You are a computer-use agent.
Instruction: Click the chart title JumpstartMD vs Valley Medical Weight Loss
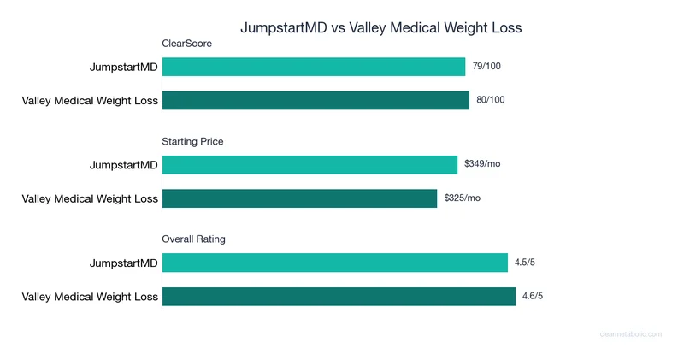[380, 27]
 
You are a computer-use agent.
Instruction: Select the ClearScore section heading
[186, 44]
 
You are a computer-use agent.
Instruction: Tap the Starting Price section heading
[192, 141]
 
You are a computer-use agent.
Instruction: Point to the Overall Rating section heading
[193, 239]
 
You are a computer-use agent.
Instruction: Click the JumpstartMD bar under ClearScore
[313, 67]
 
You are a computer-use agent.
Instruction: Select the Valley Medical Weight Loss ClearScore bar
[315, 100]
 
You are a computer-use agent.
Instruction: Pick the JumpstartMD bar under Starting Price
[310, 164]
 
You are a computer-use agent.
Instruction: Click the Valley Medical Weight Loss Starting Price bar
[299, 198]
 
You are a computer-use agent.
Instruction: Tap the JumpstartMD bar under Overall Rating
[334, 263]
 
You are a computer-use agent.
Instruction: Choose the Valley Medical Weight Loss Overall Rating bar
[339, 296]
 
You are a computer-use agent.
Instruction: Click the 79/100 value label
[486, 67]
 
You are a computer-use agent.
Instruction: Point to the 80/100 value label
[491, 100]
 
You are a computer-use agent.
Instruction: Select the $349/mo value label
[482, 164]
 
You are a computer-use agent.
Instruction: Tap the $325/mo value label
[463, 198]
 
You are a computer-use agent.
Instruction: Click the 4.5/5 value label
[525, 263]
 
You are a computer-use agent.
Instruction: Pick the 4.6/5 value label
[533, 296]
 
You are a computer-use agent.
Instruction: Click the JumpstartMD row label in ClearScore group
[124, 68]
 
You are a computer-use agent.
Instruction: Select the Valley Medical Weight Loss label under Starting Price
[90, 199]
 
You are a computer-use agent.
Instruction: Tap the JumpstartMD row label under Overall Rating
[124, 263]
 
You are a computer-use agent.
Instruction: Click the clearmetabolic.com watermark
[630, 334]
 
